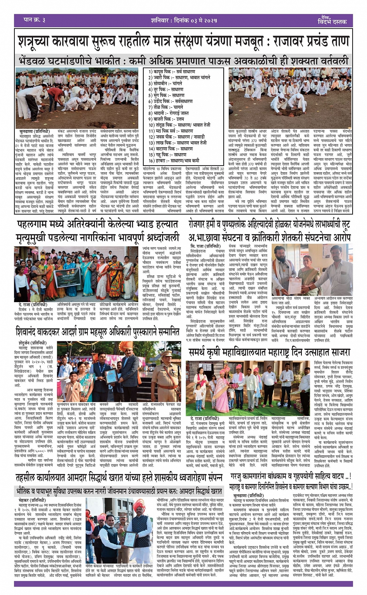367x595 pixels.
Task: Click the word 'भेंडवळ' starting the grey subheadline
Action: coord(34,61)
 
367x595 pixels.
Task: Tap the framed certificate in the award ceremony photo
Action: coord(111,375)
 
